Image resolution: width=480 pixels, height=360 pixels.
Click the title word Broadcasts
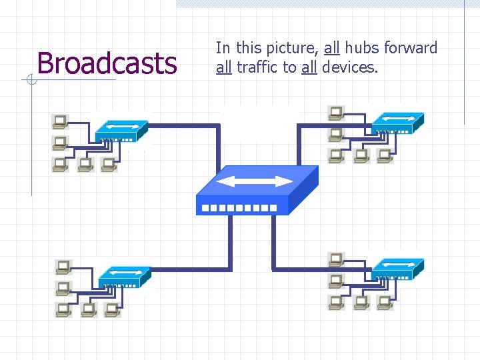(107, 63)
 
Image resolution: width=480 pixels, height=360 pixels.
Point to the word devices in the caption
(349, 67)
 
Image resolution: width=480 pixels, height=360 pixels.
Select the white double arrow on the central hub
(255, 181)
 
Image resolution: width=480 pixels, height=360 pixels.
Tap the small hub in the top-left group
(121, 131)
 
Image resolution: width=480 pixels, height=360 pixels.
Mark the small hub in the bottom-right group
(397, 269)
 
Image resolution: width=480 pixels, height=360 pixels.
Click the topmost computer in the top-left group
(60, 121)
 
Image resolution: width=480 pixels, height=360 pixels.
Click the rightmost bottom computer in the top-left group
(108, 164)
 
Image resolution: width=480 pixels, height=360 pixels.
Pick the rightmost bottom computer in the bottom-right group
(384, 302)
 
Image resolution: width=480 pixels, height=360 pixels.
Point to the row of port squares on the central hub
(239, 208)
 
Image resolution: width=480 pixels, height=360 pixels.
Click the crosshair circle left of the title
(31, 81)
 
